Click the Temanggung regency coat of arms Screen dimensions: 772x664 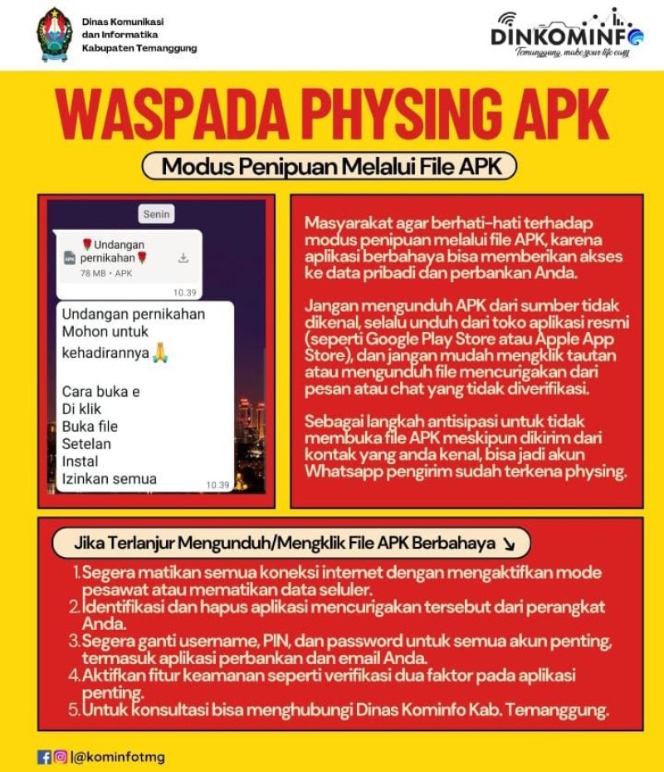[55, 35]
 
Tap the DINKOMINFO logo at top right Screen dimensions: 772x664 [567, 34]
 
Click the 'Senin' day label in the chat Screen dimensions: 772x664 [156, 214]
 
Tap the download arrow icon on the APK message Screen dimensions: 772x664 [183, 258]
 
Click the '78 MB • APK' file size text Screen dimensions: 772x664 [106, 273]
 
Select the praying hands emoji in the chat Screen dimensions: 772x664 [160, 353]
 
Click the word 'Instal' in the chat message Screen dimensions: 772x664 [80, 462]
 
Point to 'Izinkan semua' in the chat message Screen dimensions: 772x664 [109, 479]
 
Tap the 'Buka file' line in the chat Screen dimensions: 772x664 [90, 427]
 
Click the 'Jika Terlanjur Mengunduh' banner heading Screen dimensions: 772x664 [282, 544]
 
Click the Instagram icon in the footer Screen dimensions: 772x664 [60, 757]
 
